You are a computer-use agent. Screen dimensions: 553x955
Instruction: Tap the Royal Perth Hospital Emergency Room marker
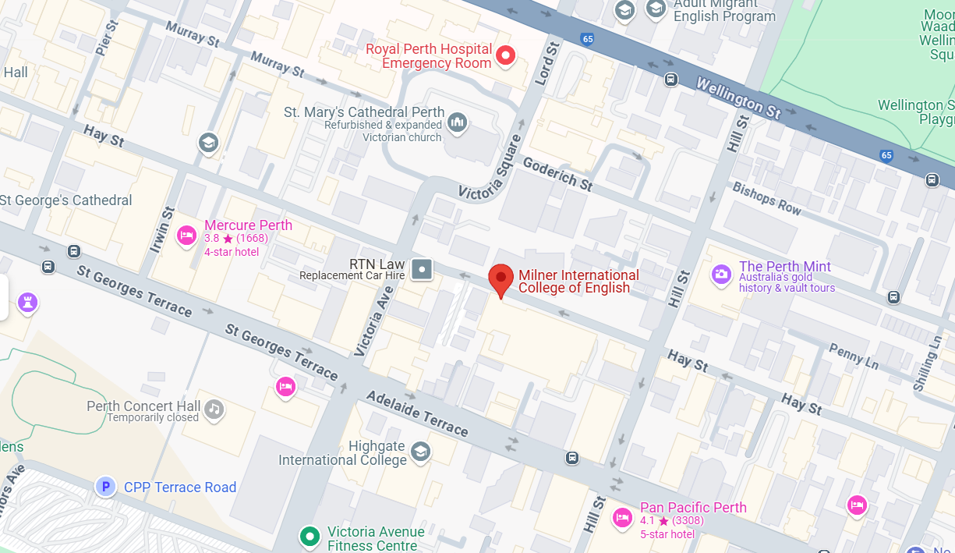[506, 55]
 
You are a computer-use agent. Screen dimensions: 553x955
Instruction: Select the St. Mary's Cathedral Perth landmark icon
[458, 122]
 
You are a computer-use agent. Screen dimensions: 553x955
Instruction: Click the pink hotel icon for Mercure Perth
[186, 235]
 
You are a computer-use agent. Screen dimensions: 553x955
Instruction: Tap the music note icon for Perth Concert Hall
[214, 409]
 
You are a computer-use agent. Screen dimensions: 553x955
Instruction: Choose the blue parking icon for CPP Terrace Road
[105, 487]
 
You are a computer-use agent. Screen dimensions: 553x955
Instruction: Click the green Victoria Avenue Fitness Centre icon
[309, 536]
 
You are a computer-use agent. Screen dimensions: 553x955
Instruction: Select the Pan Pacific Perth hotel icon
[622, 516]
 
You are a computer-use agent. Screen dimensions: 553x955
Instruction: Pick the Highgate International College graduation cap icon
[420, 452]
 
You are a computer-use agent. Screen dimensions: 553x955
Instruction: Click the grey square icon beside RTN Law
[422, 269]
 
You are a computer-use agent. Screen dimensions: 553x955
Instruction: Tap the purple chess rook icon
[28, 302]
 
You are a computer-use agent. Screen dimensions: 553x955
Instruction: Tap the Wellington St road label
[737, 97]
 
